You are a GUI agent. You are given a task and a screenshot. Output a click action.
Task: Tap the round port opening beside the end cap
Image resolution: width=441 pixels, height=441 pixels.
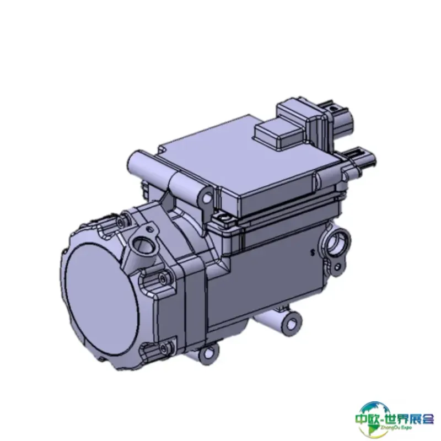tap(143, 245)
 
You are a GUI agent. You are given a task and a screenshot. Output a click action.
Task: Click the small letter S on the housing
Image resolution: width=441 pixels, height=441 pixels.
tap(312, 253)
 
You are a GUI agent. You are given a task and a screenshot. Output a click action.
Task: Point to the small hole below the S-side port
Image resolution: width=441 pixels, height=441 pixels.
tap(338, 267)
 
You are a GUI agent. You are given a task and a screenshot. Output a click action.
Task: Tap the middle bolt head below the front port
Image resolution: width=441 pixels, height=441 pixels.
tap(163, 279)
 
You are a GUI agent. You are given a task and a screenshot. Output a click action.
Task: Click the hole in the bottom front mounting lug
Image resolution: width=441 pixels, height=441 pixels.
tap(210, 353)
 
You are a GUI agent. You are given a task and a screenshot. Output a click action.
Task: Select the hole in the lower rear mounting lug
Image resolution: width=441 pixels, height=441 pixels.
tap(293, 324)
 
